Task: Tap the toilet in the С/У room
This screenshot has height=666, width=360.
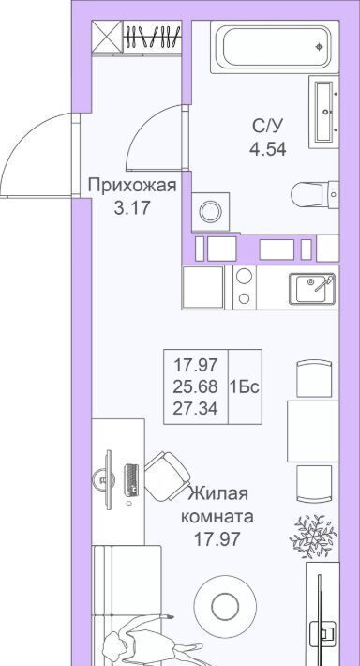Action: pyautogui.click(x=315, y=194)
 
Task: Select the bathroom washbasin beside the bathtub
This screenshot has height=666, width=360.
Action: pyautogui.click(x=324, y=112)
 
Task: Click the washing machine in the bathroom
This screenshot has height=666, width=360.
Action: pyautogui.click(x=211, y=211)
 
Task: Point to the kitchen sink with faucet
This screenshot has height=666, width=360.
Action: pyautogui.click(x=312, y=289)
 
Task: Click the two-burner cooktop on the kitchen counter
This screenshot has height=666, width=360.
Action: pyautogui.click(x=244, y=288)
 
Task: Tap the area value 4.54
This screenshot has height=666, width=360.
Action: pyautogui.click(x=267, y=149)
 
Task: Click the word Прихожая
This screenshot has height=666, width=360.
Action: pyautogui.click(x=132, y=186)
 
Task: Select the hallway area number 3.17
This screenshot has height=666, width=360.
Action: pyautogui.click(x=132, y=208)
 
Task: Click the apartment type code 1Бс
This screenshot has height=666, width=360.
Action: pyautogui.click(x=245, y=387)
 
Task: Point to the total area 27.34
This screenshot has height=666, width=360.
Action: pyautogui.click(x=195, y=409)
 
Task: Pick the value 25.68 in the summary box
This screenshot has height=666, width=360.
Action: pyautogui.click(x=195, y=386)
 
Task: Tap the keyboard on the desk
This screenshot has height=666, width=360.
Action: pyautogui.click(x=131, y=480)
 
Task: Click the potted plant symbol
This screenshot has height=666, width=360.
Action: pyautogui.click(x=313, y=536)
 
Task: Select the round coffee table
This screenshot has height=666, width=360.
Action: pyautogui.click(x=225, y=607)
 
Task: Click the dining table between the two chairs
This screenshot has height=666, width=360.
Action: pyautogui.click(x=313, y=431)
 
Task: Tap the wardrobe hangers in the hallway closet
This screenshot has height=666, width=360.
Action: pyautogui.click(x=153, y=37)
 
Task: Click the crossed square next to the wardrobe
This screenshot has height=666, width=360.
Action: pyautogui.click(x=108, y=37)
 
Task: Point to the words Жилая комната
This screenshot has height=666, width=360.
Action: pyautogui.click(x=217, y=506)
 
